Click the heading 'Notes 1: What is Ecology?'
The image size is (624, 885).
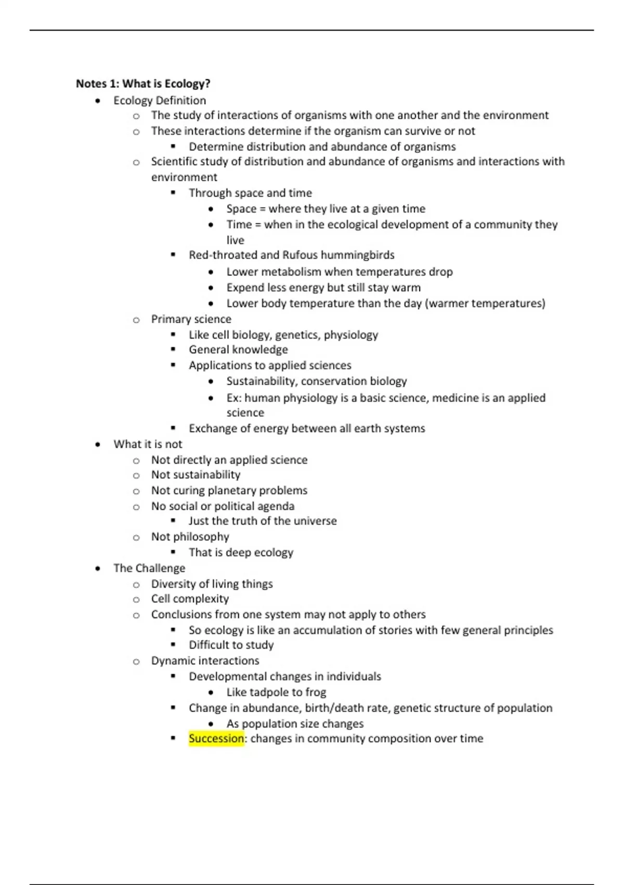pos(143,84)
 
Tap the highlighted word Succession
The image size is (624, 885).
pos(216,739)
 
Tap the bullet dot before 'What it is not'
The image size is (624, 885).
pos(98,445)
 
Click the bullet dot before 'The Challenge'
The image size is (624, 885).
pos(98,568)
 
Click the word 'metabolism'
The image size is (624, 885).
pos(291,272)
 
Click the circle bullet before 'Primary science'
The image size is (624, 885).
pos(136,320)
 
